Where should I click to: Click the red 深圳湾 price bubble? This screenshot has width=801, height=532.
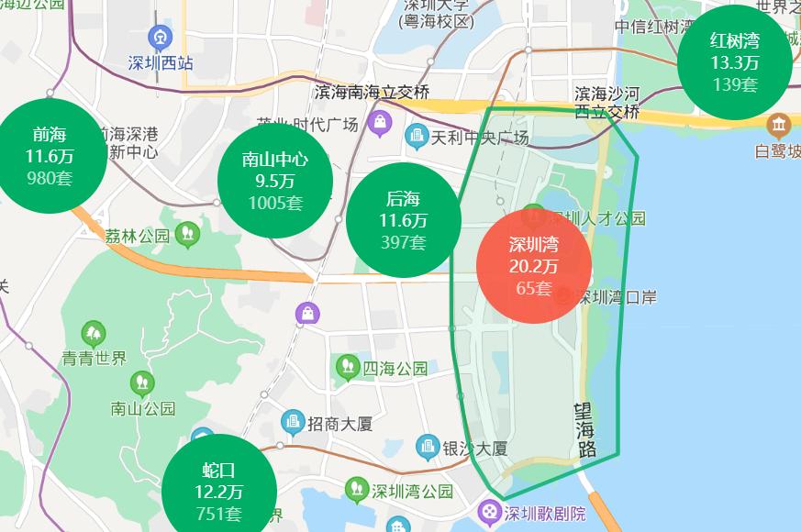point(532,266)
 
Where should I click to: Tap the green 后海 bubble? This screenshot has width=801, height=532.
point(404,221)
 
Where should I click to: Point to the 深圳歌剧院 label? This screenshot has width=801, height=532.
point(545,513)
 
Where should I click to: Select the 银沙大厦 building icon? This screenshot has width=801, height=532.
point(428,448)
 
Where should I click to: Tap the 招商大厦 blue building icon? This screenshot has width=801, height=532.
point(293,423)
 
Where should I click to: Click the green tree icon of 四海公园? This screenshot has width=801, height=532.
point(348,368)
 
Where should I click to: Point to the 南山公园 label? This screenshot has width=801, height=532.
point(142,408)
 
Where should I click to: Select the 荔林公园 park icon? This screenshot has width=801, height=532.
point(187,234)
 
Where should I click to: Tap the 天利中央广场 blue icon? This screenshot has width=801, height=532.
point(417,138)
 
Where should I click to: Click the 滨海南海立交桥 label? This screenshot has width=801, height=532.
point(372,93)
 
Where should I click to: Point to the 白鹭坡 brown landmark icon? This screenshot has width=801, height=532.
point(780,124)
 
